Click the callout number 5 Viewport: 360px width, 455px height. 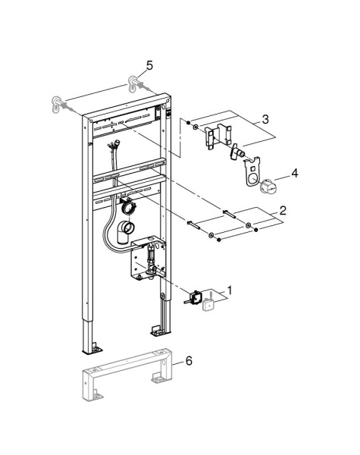tap(149, 66)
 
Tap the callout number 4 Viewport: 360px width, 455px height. tap(295, 173)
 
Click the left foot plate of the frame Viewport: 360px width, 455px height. tap(93, 349)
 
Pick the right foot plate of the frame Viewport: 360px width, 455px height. tap(155, 331)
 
